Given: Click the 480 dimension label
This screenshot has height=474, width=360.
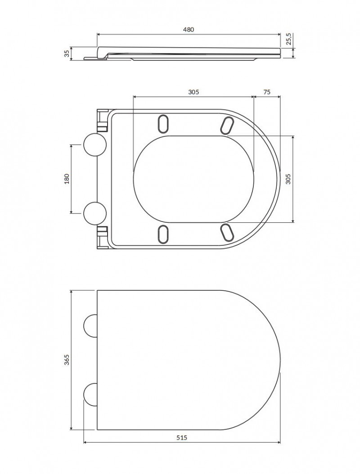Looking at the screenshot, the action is coord(188,29).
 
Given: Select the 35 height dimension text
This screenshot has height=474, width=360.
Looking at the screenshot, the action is coord(67,54).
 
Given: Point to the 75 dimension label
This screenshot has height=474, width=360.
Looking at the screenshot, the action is coord(267,92).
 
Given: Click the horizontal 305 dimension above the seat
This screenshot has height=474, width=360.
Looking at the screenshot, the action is coord(193,92).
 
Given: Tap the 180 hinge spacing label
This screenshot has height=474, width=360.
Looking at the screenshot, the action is coord(67,179).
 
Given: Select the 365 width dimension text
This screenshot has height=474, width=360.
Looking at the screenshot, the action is coord(67,359).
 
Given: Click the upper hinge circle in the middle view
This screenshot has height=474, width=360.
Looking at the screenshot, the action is coord(94,144).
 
